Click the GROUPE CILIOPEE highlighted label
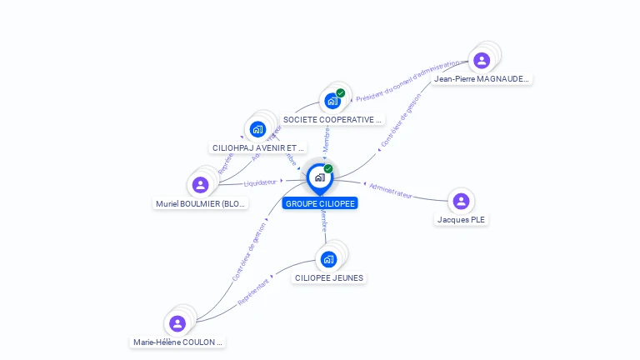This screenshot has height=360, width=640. coord(320,203)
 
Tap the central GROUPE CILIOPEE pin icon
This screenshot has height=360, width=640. coord(320,177)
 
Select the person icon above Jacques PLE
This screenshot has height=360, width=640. coord(461,201)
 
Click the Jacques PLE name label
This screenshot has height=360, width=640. coord(461,220)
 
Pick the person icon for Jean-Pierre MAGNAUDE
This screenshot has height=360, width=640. coord(482,60)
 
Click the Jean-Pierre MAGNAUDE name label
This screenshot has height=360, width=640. coord(482,79)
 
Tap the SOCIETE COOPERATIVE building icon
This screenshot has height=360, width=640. coord(332,102)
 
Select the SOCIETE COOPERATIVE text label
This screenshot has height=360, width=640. coord(332,120)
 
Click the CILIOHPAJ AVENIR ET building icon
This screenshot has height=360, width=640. coord(257,129)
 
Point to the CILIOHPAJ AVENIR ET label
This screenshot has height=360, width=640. coord(258,147)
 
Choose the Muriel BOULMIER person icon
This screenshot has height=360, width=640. coord(200,185)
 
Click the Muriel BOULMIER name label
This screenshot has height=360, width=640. coord(201,204)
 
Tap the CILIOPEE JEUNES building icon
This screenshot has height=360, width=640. coord(328,259)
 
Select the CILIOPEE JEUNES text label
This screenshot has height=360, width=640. coord(329,277)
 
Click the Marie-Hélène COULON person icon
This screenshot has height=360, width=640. coord(177,323)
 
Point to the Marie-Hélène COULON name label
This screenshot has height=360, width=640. coord(178,342)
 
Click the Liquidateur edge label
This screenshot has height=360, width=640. coord(260,182)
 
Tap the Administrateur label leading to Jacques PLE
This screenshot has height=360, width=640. coord(391,189)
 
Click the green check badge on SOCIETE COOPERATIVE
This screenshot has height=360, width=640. coord(341,93)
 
